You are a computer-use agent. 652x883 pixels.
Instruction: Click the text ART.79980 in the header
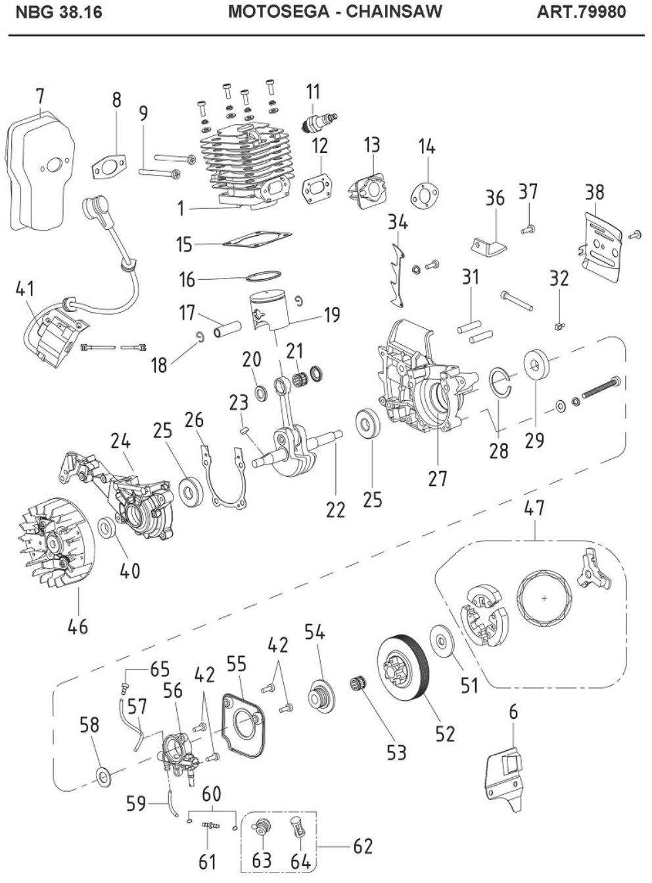tap(581, 12)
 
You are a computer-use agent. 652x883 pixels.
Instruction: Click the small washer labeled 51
tap(441, 640)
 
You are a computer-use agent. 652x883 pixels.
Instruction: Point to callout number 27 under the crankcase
tap(438, 478)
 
